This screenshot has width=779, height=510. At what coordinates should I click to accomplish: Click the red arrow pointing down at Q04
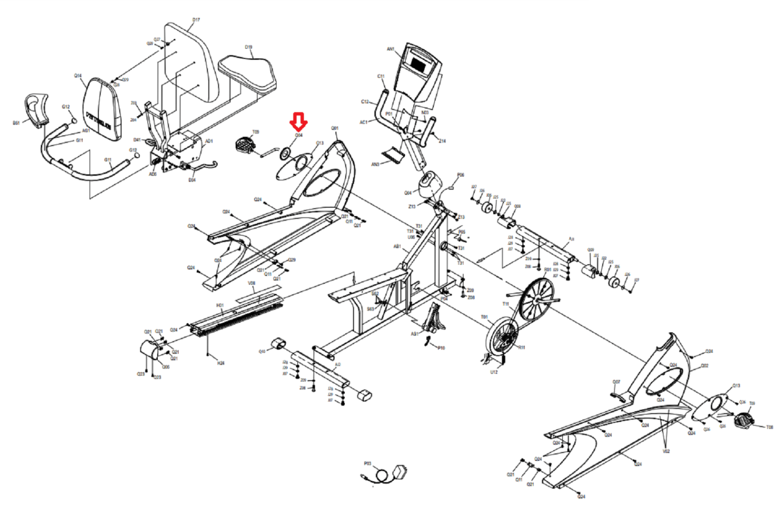[x=298, y=121]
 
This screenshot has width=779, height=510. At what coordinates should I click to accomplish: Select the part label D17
[x=196, y=20]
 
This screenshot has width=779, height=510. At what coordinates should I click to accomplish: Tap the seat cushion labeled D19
[x=248, y=73]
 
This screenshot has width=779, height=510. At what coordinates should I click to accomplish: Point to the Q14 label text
[x=78, y=76]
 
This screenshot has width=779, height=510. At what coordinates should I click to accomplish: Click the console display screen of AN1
[x=418, y=64]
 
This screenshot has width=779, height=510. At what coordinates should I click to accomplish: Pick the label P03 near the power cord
[x=368, y=464]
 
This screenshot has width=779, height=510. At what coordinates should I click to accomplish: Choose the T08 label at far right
[x=769, y=427]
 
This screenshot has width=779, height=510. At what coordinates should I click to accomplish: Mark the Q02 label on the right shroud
[x=705, y=366]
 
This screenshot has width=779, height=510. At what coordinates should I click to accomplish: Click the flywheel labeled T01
[x=502, y=335]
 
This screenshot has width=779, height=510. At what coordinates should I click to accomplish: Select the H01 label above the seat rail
[x=220, y=306]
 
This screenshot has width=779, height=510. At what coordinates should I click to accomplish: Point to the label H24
[x=221, y=363]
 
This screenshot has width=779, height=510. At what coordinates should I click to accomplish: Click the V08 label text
[x=251, y=283]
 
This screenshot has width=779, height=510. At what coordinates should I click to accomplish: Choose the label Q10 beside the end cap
[x=262, y=351]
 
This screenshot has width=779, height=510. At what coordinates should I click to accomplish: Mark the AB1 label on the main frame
[x=397, y=247]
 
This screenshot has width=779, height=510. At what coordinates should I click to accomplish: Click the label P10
[x=441, y=348]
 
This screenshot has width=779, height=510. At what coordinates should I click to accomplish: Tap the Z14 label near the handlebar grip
[x=442, y=141]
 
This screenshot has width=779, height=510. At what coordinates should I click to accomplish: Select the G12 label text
[x=66, y=107]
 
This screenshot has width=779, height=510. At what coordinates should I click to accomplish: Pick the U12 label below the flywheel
[x=494, y=372]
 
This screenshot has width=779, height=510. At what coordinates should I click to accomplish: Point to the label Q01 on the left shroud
[x=334, y=128]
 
